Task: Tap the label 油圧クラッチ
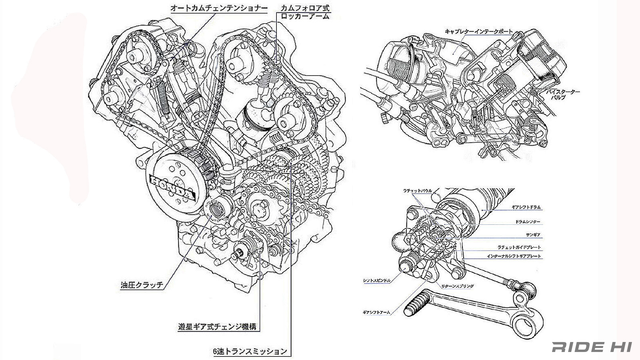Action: pos(142,286)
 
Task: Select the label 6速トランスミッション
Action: pos(250,352)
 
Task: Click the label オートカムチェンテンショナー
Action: pos(218,8)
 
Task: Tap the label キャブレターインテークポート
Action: pos(478,31)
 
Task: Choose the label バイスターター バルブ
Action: pos(564,95)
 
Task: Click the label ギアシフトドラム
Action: pos(526,208)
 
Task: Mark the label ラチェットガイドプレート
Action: pos(519,248)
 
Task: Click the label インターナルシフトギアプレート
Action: pos(514,256)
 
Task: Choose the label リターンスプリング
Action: pos(456,286)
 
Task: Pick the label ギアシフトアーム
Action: pos(376,312)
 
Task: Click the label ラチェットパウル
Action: pos(418,191)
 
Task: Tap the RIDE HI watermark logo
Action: pos(592,347)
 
